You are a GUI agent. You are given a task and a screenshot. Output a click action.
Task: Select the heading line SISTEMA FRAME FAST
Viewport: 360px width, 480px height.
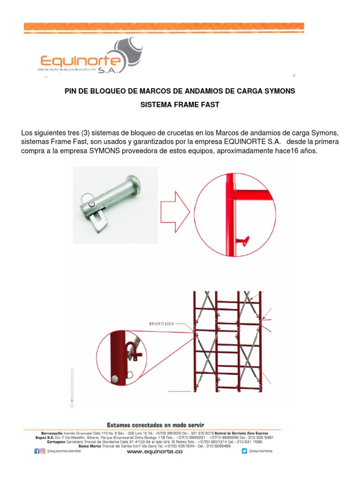[x=180, y=105]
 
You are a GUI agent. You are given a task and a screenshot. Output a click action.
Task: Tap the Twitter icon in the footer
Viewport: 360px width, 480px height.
[x=244, y=451]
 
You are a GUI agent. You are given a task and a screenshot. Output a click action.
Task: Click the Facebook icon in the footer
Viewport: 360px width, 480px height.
[x=37, y=451]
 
